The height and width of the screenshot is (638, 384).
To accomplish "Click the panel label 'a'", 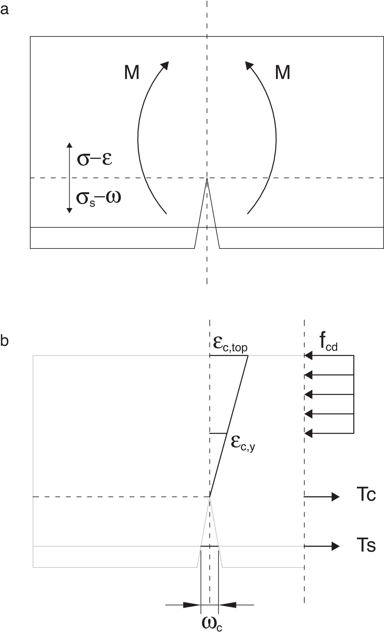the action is coord(4,10).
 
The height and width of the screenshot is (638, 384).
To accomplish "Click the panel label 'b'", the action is coord(4,341).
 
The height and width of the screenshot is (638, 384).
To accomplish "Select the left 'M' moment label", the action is coord(132,72).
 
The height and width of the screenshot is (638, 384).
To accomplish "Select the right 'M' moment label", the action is coord(282,72).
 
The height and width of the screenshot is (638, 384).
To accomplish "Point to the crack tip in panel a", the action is coord(207,179).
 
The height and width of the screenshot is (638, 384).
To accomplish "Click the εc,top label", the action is coord(230,344).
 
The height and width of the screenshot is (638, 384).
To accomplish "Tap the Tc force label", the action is coord(366,494).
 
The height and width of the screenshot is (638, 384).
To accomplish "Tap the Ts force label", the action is coord(366,545).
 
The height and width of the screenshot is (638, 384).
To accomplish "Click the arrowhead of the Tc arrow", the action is coord(336,497).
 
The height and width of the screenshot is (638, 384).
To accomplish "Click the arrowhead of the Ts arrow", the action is coord(336,546).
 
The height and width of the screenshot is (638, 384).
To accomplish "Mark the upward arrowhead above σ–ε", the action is coord(69,145).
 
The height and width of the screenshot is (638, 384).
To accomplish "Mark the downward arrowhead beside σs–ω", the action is coord(69,210).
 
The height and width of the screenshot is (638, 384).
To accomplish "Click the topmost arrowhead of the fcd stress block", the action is coord(308,356).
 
